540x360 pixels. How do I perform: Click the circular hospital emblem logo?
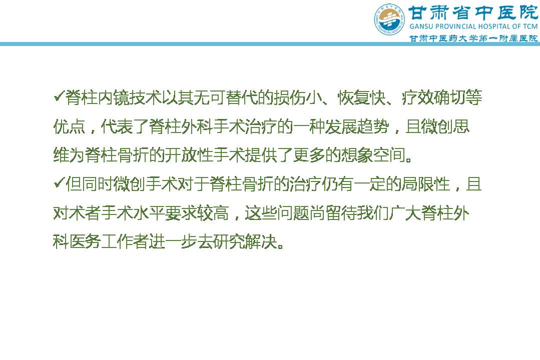[x=389, y=19]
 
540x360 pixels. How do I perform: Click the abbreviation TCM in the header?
[x=529, y=26]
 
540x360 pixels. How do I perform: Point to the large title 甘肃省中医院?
[x=473, y=12]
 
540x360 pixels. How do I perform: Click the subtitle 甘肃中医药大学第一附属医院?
[x=473, y=38]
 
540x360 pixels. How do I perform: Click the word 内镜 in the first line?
[x=113, y=98]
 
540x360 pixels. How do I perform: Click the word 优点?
[x=69, y=126]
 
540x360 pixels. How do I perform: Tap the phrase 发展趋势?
[x=357, y=126]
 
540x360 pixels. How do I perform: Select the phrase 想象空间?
[x=373, y=155]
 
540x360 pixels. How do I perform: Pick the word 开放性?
[x=189, y=155]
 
